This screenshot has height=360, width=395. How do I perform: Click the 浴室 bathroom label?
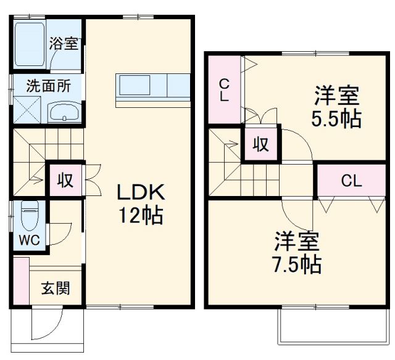(x=64, y=44)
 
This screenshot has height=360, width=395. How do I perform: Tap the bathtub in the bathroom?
(x=30, y=45)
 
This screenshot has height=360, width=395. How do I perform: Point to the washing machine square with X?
(x=27, y=111)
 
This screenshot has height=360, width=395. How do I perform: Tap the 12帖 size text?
(x=141, y=216)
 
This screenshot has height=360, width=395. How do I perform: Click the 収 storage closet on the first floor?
(x=65, y=180)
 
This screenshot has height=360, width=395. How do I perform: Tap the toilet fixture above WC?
(x=29, y=216)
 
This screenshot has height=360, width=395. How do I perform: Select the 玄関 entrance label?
(x=55, y=288)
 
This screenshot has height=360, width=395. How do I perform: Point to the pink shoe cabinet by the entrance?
(x=20, y=282)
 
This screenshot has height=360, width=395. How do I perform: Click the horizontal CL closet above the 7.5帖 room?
(x=351, y=181)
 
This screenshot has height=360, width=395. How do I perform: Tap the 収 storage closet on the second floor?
(x=260, y=144)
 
